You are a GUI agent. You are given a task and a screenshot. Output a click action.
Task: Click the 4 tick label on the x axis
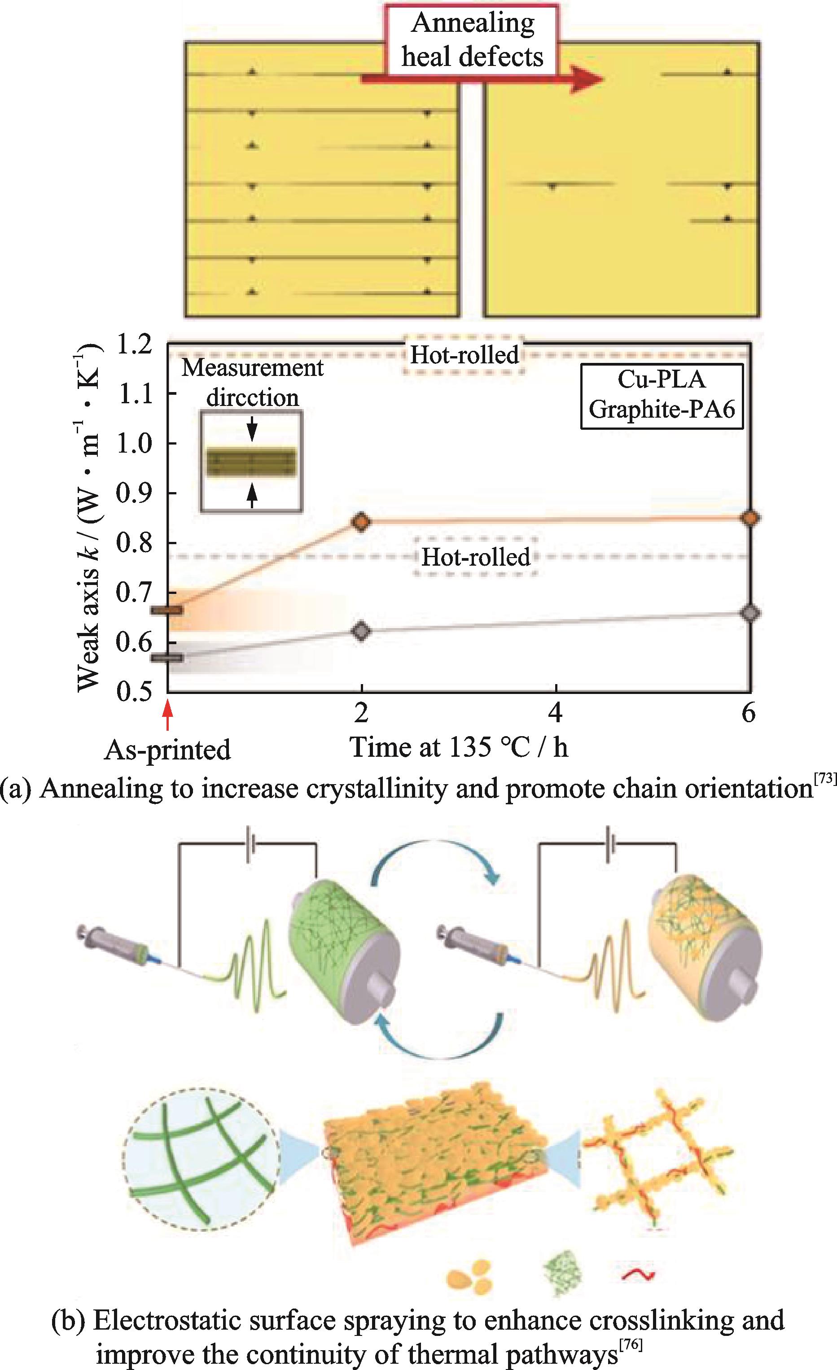click(x=556, y=712)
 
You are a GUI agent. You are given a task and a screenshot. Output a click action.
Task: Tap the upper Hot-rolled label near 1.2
click(x=465, y=354)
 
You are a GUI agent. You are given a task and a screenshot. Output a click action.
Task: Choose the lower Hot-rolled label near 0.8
click(x=476, y=557)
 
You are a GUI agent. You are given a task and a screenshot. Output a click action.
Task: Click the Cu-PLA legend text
click(x=662, y=380)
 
